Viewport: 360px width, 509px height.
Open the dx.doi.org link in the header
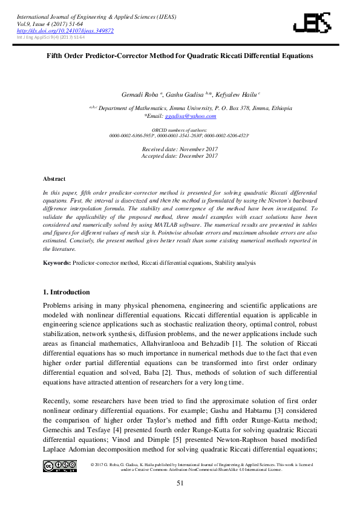tap(65, 30)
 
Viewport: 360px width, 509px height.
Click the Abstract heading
tap(54, 179)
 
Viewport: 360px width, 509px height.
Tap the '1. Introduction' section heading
tap(67, 292)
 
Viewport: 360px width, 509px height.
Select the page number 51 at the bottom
tap(180, 483)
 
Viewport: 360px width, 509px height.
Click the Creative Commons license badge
tap(59, 465)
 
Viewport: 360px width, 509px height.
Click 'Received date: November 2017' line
tap(180, 149)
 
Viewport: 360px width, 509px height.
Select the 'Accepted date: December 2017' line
tap(180, 156)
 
